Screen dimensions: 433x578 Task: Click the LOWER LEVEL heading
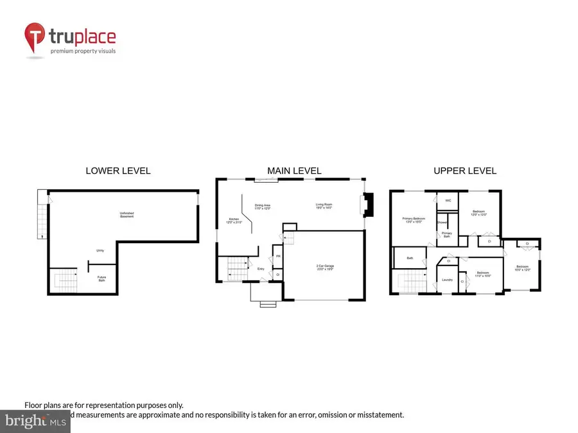point(118,171)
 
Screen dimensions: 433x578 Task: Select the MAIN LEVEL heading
point(294,171)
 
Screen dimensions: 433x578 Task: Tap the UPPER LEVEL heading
point(465,171)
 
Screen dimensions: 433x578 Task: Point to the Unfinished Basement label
point(127,215)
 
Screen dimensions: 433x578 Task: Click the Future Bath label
point(101,279)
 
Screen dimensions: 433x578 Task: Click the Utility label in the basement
point(100,251)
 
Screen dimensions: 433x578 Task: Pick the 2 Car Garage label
point(324,267)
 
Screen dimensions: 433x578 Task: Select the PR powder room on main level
point(278,257)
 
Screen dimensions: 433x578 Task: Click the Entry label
point(261,269)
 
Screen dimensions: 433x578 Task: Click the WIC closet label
point(448,201)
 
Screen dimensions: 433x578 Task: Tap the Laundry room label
point(448,280)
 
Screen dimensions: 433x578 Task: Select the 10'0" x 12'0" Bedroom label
point(522,268)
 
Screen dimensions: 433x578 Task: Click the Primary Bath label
point(446,234)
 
